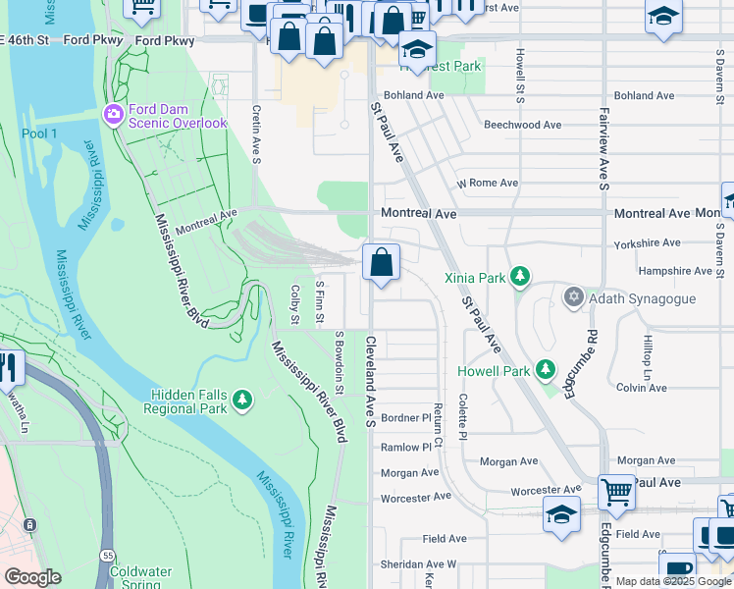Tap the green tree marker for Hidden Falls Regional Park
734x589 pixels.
[x=241, y=402]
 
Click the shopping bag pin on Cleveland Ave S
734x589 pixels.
[x=381, y=263]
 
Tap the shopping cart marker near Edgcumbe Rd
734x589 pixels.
[x=615, y=490]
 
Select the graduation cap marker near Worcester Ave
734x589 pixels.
[x=560, y=514]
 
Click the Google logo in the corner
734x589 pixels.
[x=32, y=577]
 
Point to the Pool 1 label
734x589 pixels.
[x=40, y=133]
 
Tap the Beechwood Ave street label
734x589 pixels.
[x=522, y=125]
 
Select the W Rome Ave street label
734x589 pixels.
[x=487, y=184]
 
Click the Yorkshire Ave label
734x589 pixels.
[x=645, y=242]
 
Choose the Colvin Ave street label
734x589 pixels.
[x=642, y=388]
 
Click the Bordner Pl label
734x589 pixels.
[x=406, y=418]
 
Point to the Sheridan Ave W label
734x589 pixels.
[x=419, y=564]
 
